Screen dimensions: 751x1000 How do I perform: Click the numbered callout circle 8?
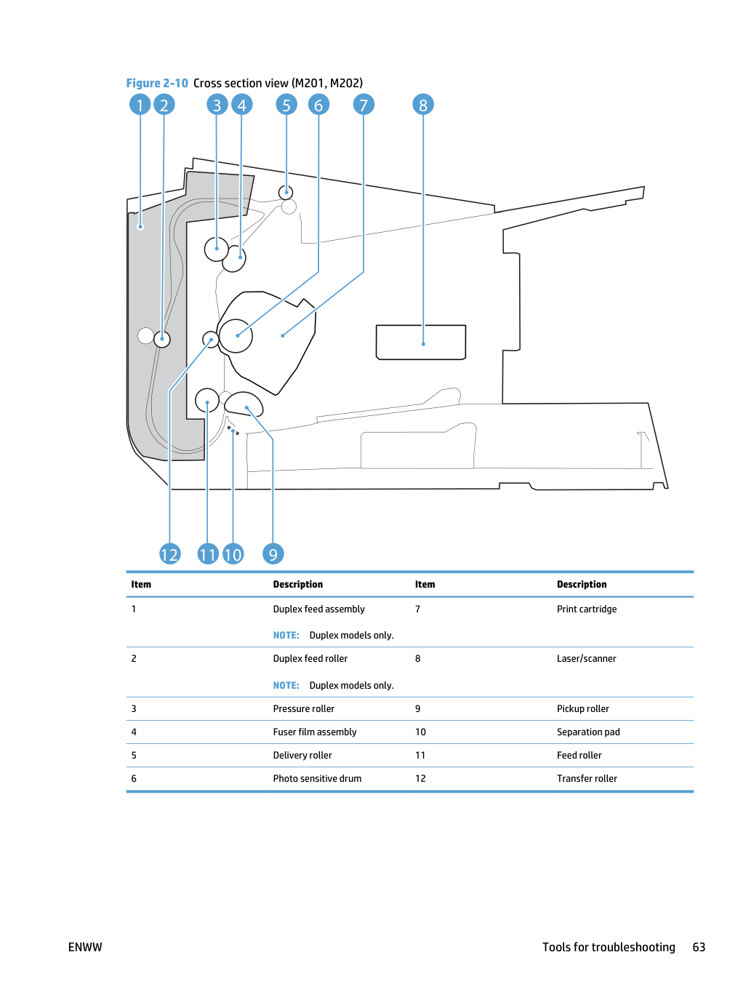click(x=422, y=105)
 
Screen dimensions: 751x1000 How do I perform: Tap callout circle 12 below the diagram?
click(x=170, y=554)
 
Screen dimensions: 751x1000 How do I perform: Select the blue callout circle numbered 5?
click(x=286, y=105)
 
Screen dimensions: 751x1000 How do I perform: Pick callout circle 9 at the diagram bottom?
click(x=273, y=554)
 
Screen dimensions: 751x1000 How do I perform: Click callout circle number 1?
click(x=140, y=105)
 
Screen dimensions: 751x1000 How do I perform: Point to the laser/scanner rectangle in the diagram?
click(x=421, y=342)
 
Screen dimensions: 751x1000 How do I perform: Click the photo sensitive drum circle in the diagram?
click(x=236, y=336)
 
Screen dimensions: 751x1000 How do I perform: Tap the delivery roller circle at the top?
click(x=286, y=193)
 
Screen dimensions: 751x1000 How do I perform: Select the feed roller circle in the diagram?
click(x=207, y=401)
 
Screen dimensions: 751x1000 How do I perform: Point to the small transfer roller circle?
click(x=210, y=340)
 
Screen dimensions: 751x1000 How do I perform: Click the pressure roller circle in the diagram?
click(x=217, y=249)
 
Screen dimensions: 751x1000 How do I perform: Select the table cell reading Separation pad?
click(x=588, y=732)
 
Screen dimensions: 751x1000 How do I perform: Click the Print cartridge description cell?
click(x=587, y=609)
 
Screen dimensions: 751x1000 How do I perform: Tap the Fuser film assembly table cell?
click(x=315, y=732)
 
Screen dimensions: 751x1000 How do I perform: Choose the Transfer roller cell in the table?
click(x=587, y=778)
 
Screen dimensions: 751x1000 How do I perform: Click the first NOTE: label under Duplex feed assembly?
click(x=286, y=635)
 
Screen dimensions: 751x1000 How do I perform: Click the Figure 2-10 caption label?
click(x=156, y=83)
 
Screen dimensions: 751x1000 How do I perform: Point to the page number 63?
click(x=699, y=947)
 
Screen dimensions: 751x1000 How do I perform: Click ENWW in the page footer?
click(x=85, y=947)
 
